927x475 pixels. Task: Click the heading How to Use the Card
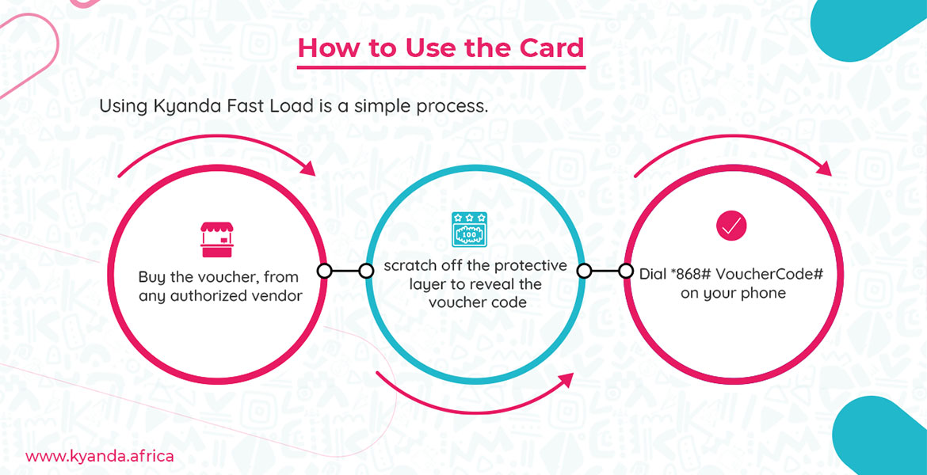click(441, 47)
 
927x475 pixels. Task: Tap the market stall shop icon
click(217, 240)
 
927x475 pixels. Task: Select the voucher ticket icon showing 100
click(469, 230)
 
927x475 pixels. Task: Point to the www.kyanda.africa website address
click(100, 457)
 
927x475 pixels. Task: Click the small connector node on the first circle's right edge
click(324, 272)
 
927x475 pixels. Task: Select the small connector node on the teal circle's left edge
click(366, 272)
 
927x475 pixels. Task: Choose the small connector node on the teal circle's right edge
click(584, 272)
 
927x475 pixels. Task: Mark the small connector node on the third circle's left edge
click(625, 272)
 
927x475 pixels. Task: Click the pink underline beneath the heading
click(441, 68)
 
